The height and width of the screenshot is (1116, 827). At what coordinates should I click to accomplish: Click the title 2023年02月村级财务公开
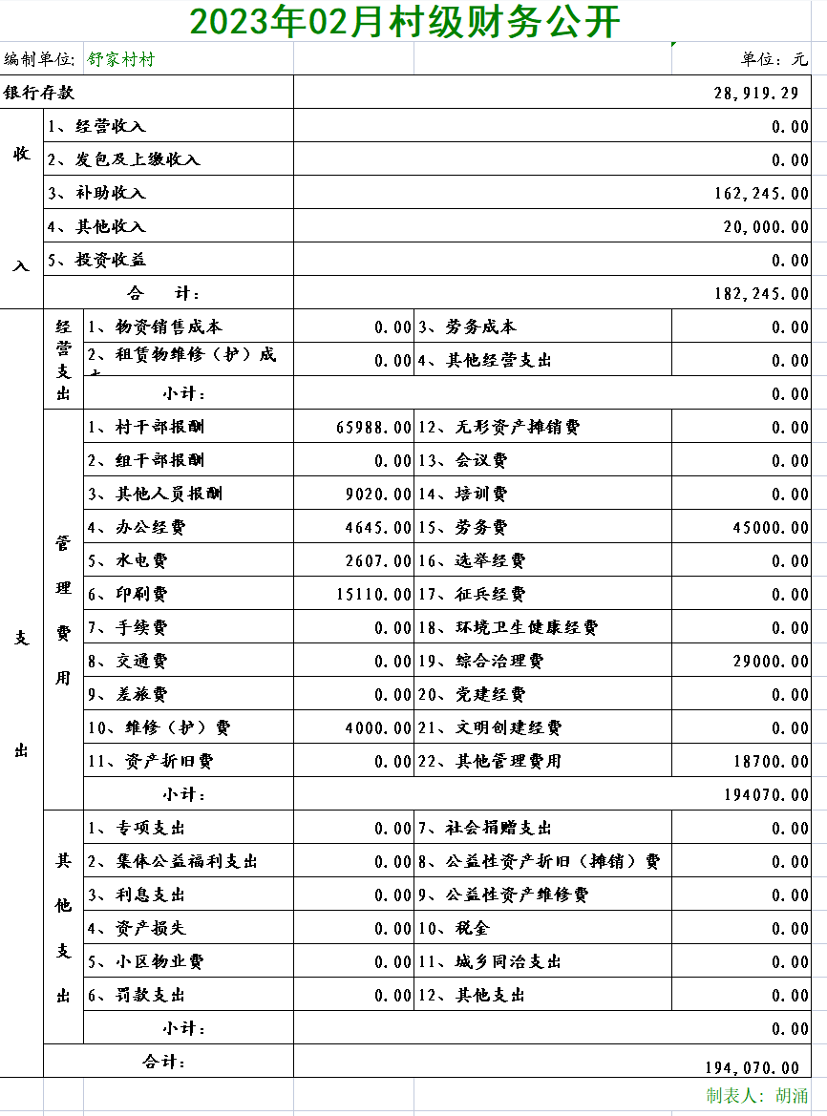tap(404, 22)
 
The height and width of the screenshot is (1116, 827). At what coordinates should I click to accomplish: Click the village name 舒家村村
tap(121, 59)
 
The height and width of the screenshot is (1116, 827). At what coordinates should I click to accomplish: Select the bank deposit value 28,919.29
tap(755, 93)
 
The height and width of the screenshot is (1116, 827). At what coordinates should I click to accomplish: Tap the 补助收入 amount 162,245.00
tap(761, 193)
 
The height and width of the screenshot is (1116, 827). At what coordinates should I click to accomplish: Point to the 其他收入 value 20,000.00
tap(766, 226)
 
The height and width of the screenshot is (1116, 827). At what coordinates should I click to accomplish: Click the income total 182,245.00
tap(761, 293)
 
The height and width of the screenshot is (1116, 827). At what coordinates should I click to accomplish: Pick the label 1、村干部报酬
tap(146, 427)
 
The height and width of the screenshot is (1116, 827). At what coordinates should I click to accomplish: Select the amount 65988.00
tap(373, 427)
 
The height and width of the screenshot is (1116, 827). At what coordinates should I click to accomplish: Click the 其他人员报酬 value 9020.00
tap(378, 494)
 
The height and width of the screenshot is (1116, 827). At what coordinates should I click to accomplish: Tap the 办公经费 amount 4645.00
tap(378, 527)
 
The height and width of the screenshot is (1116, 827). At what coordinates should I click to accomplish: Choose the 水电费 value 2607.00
tap(378, 560)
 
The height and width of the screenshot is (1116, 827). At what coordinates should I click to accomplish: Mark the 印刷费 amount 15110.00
tap(373, 594)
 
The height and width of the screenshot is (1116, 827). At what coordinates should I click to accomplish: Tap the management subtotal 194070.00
tap(766, 794)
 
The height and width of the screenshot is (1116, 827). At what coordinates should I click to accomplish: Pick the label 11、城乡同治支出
tap(489, 961)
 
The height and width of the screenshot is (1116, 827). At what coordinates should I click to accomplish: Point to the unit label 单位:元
tap(774, 59)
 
